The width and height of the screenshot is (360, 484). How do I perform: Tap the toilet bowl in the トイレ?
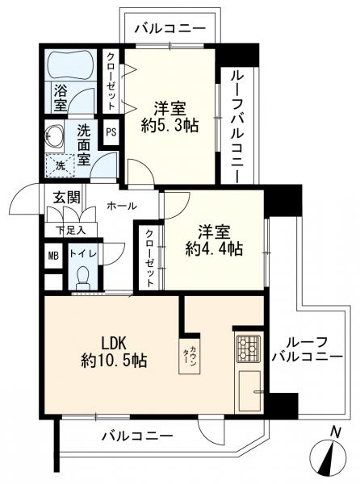click(82, 277)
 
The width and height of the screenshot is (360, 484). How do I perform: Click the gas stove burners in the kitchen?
click(248, 348)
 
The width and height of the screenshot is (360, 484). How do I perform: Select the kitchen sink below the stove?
click(249, 391)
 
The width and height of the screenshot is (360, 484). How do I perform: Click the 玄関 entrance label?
click(66, 197)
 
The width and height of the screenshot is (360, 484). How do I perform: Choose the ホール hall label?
click(121, 205)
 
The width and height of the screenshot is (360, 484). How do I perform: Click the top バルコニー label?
click(169, 29)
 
